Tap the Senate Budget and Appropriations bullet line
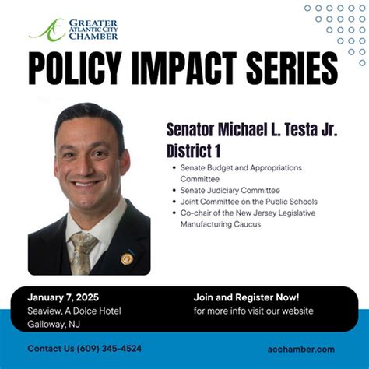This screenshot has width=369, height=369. tap(241, 167)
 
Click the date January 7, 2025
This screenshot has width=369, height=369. tap(62, 297)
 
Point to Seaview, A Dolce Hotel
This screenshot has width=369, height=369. tap(74, 311)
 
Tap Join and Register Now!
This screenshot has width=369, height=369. tap(246, 297)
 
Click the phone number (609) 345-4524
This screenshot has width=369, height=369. tap(108, 349)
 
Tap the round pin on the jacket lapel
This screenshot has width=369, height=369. tap(127, 258)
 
